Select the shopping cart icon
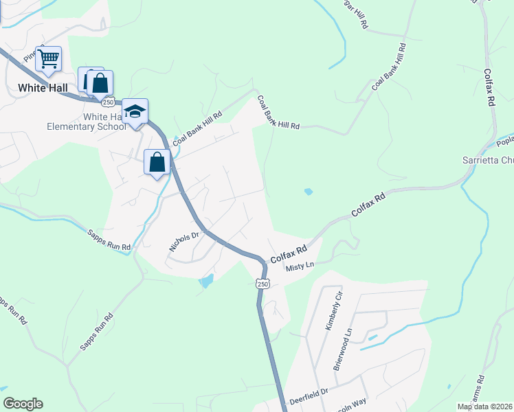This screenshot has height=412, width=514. click(48, 59)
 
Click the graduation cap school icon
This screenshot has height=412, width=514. click(135, 112)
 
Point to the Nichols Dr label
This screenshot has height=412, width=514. click(183, 240)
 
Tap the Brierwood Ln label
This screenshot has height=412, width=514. click(342, 349)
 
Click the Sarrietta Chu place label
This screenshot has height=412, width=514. click(487, 161)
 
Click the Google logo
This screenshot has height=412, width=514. click(22, 404)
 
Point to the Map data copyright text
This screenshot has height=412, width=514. click(485, 407)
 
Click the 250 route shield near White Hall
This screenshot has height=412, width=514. click(108, 102)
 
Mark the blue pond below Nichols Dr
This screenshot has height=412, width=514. click(205, 281)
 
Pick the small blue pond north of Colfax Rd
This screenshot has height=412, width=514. click(308, 192)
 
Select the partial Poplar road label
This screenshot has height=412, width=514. click(504, 141)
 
